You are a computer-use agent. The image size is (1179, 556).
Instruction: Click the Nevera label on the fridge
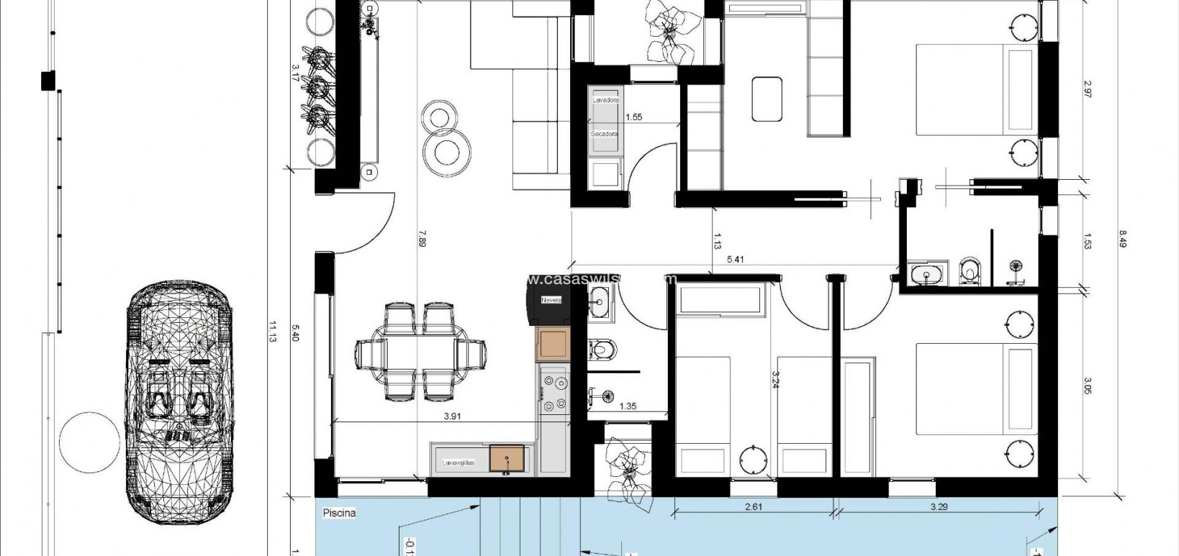tap(551, 299)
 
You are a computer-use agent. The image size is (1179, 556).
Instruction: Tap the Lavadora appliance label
tap(605, 100)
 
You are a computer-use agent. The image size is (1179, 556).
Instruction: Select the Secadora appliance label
tap(605, 135)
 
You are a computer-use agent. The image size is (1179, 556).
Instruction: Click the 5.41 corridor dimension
tap(736, 259)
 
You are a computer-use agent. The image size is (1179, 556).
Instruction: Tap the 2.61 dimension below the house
tap(753, 506)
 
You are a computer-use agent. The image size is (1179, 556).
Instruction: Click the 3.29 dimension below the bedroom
tap(939, 506)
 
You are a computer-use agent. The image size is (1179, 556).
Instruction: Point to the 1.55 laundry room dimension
tap(633, 117)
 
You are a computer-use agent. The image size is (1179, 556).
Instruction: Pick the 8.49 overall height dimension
tap(1122, 238)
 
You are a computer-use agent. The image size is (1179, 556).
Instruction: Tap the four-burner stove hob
tap(554, 391)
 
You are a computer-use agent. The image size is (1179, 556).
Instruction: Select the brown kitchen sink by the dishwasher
tap(507, 458)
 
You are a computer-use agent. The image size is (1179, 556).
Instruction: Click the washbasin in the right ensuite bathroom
tap(920, 274)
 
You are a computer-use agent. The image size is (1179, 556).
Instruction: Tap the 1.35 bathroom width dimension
tap(628, 406)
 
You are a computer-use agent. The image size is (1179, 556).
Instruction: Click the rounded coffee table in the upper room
tap(767, 99)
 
